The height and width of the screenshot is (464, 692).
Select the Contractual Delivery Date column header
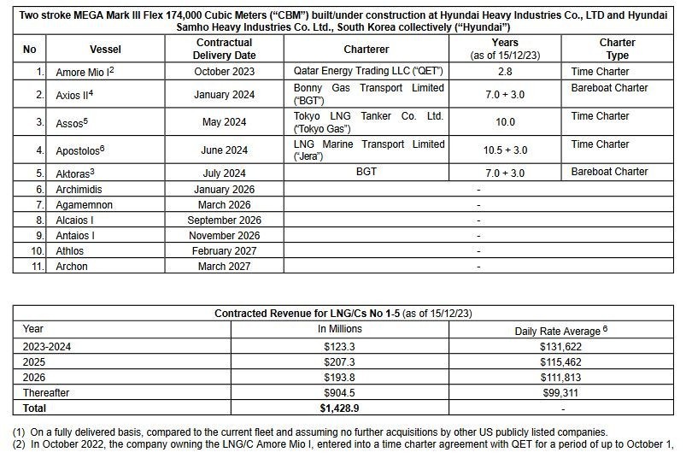tap(225, 49)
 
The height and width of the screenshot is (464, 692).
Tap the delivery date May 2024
tap(225, 122)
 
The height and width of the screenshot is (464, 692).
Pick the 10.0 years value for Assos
tap(505, 122)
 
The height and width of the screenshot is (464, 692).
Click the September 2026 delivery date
tap(225, 220)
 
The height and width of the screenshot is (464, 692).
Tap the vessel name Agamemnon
tap(87, 204)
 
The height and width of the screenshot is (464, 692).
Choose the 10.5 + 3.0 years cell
tap(505, 150)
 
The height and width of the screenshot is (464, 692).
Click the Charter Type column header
tap(617, 49)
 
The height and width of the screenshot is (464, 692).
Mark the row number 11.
tap(37, 266)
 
